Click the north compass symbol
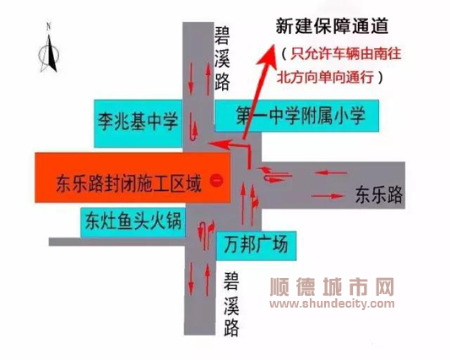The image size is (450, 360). pos(49,49)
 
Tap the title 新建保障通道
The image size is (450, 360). pos(332,26)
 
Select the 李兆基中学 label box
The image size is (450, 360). pos(138,123)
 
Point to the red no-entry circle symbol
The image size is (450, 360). pos(216,181)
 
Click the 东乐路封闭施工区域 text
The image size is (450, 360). pos(129,183)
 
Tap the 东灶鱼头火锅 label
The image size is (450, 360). pos(133,222)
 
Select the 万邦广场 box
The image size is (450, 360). pos(257,245)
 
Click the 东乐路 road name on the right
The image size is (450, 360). pos(379,195)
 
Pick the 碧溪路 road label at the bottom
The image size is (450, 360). pos(231,304)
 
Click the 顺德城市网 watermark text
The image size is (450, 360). pos(332,287)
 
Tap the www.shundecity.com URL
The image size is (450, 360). pos(332,303)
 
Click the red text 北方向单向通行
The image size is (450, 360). pos(325,77)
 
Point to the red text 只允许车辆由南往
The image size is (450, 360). pos(346,54)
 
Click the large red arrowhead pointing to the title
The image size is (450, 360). pos(267,56)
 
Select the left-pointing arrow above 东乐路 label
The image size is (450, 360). pos(331,173)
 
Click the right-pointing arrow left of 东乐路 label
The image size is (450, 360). pos(328,196)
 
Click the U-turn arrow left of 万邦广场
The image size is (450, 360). pos(206,235)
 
